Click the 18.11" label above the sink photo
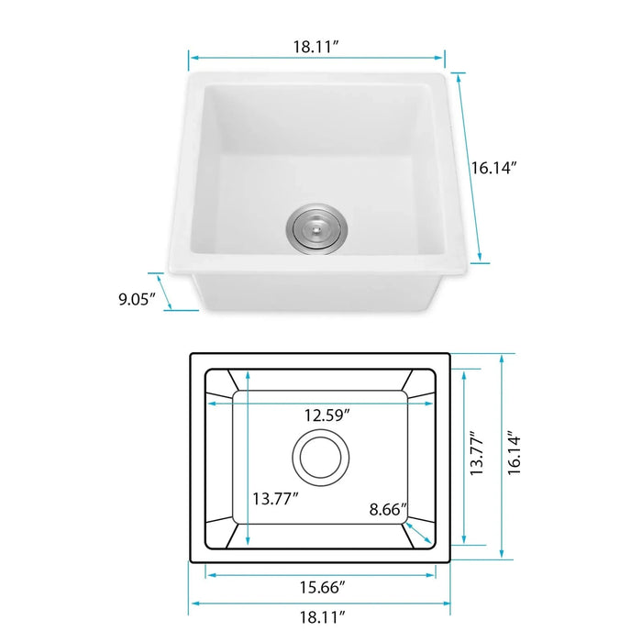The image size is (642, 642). click(316, 46)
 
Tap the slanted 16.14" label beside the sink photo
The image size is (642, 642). click(494, 168)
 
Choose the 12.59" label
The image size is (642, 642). click(328, 415)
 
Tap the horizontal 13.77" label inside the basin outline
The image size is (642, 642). click(275, 500)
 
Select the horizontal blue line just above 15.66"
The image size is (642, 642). click(320, 574)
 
